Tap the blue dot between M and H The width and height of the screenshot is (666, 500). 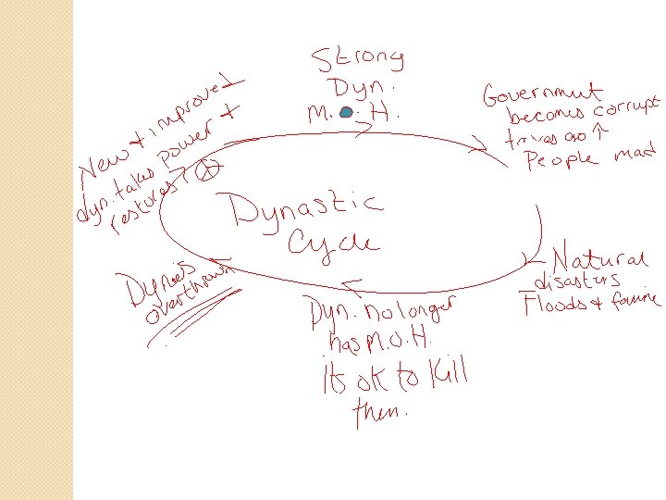[345, 113]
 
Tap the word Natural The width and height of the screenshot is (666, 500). [598, 256]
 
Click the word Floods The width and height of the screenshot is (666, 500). [555, 304]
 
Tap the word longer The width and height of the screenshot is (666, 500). [423, 308]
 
